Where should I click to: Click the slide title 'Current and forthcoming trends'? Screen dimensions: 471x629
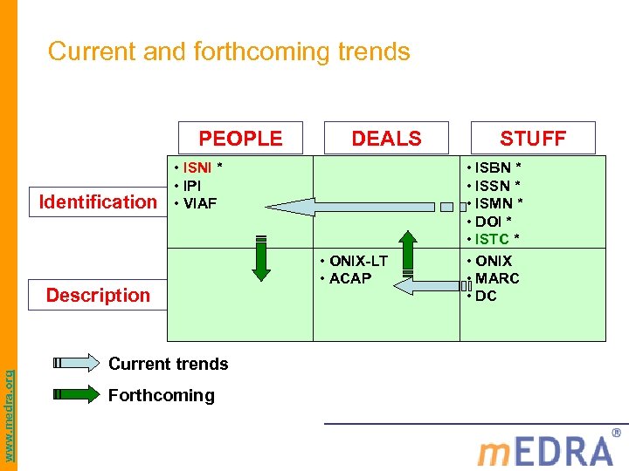click(x=229, y=51)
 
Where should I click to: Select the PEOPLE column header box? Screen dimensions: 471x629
click(x=240, y=138)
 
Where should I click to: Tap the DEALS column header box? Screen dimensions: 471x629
click(x=386, y=138)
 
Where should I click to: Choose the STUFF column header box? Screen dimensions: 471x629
click(x=532, y=138)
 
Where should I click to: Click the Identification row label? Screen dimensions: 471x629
click(x=98, y=201)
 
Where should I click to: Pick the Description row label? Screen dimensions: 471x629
click(x=98, y=295)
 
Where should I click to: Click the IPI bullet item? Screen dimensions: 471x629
click(x=193, y=186)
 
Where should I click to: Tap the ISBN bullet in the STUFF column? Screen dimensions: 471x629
click(x=494, y=167)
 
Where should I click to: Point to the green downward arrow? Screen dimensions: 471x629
click(x=260, y=257)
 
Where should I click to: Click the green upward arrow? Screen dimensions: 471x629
click(x=408, y=253)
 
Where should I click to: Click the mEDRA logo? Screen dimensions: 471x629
click(x=545, y=449)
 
